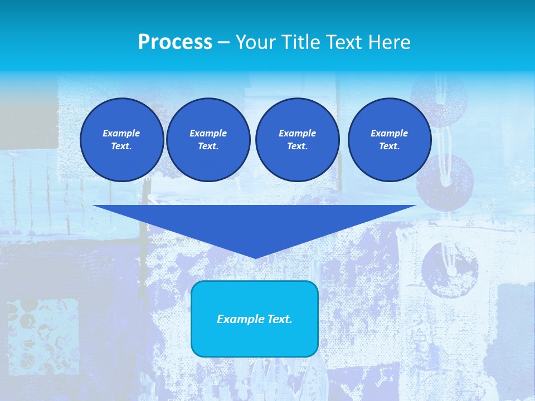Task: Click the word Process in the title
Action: click(175, 42)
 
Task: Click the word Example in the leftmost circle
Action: click(121, 133)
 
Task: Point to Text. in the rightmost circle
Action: click(390, 146)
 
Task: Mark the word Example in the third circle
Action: click(297, 133)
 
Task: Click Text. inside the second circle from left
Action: click(208, 146)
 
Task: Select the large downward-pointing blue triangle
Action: click(255, 223)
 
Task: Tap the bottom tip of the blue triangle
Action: click(255, 257)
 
